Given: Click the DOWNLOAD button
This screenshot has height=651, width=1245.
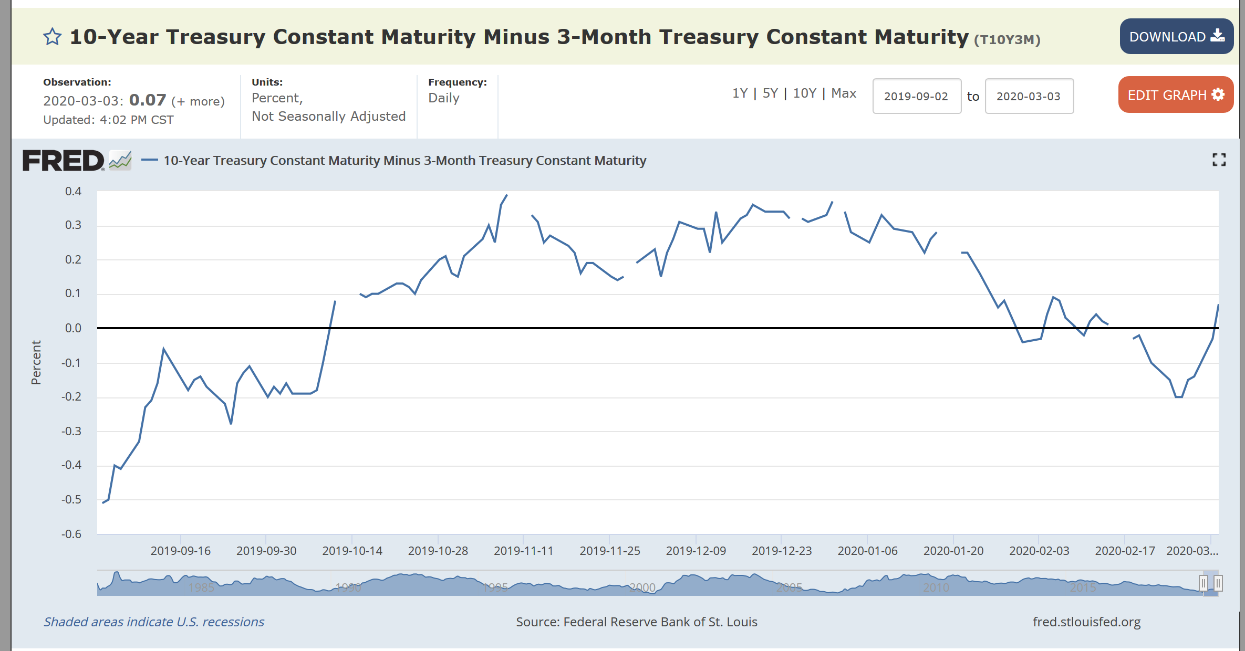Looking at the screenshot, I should tap(1176, 37).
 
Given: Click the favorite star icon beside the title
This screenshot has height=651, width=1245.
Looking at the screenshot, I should tap(52, 37).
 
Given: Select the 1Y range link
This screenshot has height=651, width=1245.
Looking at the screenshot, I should tap(740, 93).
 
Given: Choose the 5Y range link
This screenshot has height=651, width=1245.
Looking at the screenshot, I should tap(770, 93).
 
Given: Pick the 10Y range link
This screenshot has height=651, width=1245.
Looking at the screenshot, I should tap(804, 93).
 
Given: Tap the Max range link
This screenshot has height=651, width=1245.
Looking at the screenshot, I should tap(844, 93).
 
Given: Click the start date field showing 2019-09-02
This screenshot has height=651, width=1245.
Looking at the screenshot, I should tap(916, 97).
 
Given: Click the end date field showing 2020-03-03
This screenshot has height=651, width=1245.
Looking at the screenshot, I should tap(1029, 97).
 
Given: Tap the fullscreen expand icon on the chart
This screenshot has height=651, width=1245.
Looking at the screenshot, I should tap(1219, 160).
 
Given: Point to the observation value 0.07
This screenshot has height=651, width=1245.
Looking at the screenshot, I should tap(148, 100).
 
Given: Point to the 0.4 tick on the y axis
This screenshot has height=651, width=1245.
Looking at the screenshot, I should tap(73, 192).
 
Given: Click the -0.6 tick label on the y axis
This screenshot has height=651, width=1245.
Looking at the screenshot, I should tap(71, 534).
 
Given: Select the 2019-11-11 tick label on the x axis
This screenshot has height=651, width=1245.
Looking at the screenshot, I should tap(523, 551).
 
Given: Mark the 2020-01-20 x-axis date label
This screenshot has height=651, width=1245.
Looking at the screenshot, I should tap(953, 551).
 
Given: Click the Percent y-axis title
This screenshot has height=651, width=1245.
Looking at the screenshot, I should tap(36, 362).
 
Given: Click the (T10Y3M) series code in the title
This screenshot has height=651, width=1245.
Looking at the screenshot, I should tap(1007, 40).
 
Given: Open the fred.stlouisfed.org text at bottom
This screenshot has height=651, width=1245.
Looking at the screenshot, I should tap(1086, 622).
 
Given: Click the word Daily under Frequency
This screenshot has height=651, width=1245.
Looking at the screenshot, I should tap(444, 98).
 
